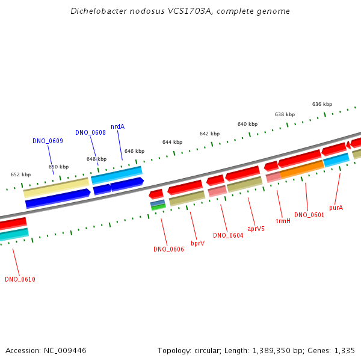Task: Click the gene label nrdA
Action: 118,126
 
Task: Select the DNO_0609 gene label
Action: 48,141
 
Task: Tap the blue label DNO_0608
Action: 90,132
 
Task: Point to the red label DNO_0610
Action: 20,279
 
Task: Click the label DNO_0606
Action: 168,249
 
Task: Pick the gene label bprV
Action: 197,243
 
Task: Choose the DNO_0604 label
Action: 228,235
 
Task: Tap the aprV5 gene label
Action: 256,229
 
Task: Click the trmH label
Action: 283,221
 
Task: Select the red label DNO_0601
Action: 309,215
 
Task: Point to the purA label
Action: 336,208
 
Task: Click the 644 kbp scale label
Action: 172,142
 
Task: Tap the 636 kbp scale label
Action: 322,104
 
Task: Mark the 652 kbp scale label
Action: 20,174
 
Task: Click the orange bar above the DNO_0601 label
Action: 302,170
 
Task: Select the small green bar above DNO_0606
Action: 158,207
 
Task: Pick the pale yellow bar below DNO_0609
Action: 57,187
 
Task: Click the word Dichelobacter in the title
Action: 99,11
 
